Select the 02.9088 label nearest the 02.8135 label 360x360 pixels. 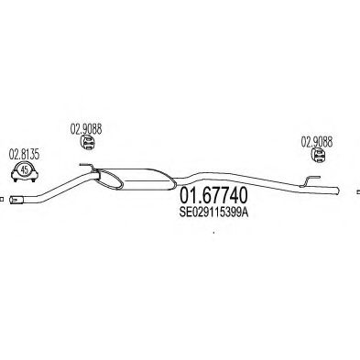pos(84,129)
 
